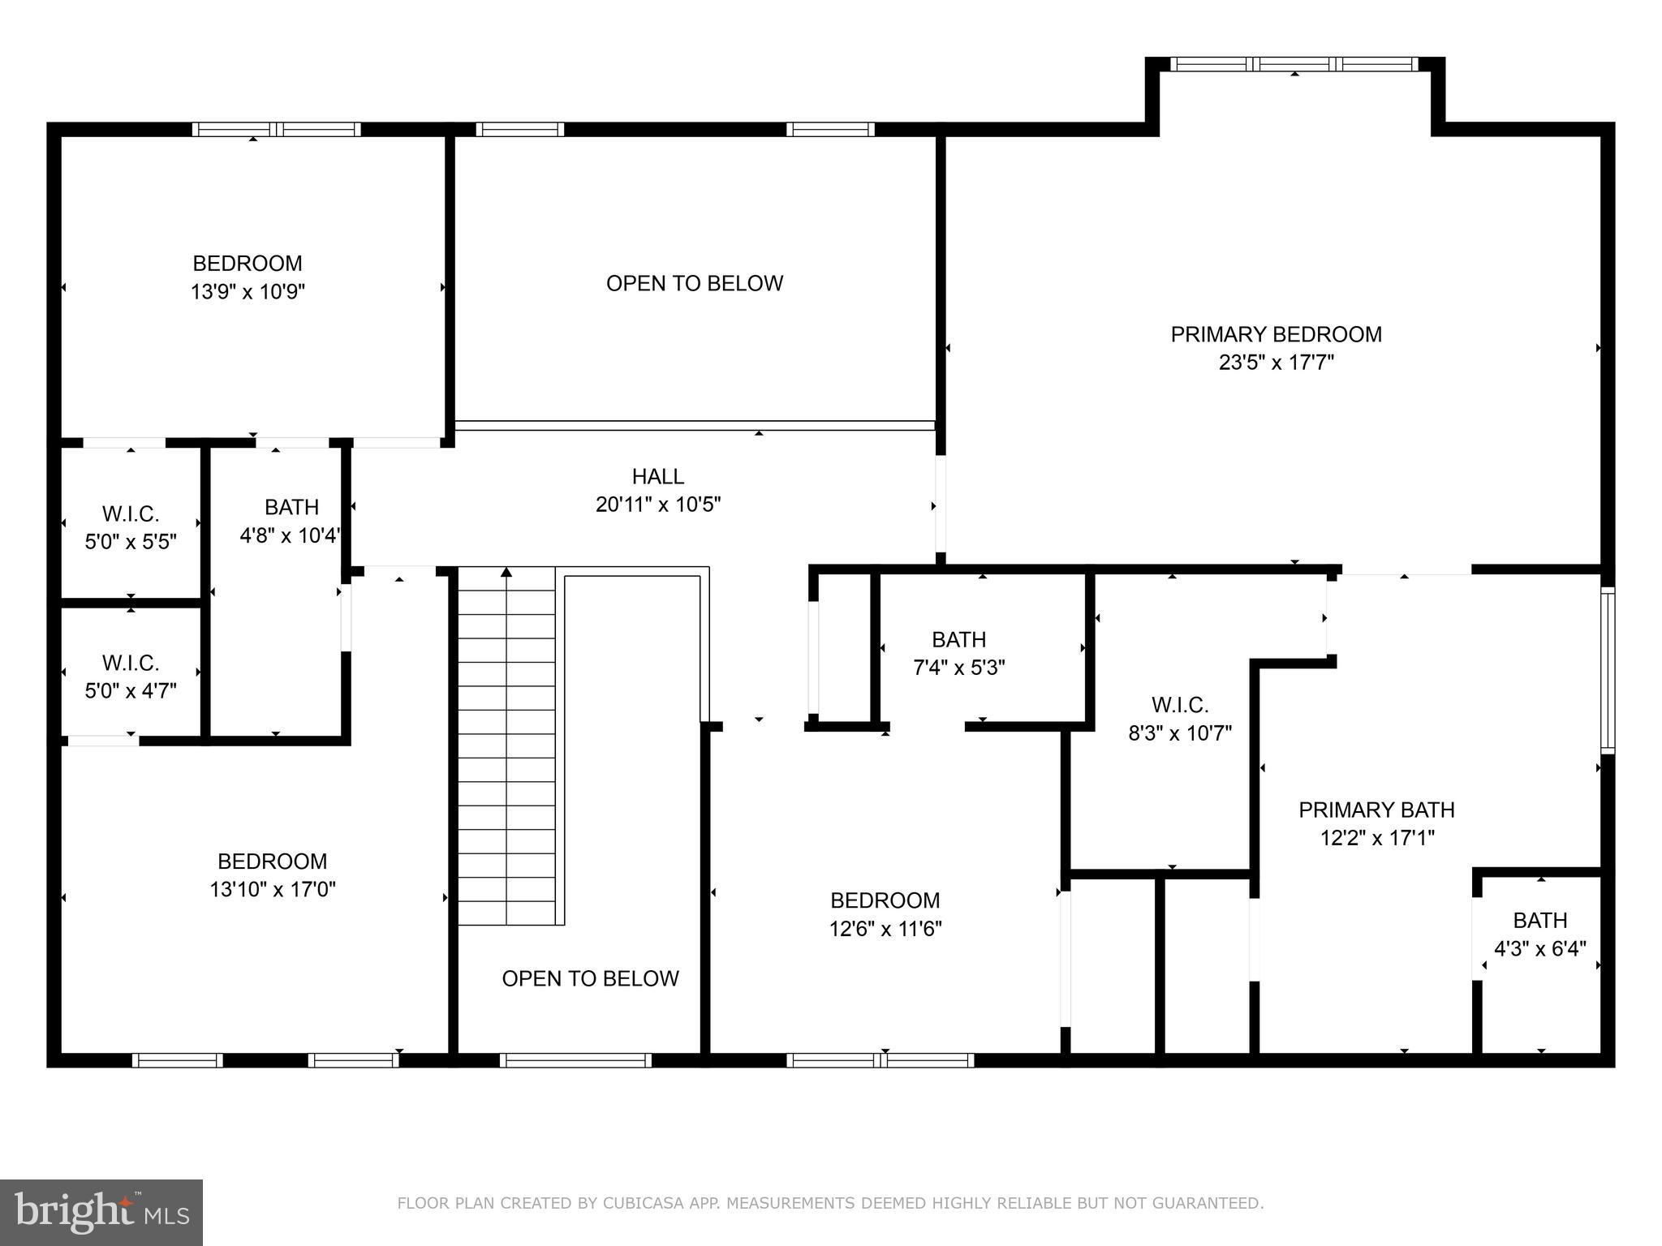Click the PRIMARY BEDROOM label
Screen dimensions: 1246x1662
1275,334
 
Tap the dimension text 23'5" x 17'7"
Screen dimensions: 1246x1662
1276,363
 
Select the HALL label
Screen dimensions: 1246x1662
657,476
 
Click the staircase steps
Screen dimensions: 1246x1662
506,746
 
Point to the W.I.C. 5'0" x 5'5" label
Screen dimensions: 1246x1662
131,527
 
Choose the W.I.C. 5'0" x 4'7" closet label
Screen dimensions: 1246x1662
131,677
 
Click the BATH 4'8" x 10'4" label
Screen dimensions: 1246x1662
291,521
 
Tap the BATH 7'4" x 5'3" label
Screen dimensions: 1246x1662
958,653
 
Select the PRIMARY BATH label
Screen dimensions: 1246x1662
1376,810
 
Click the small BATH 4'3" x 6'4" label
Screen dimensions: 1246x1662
1539,934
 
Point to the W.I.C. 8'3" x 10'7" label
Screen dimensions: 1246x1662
1179,719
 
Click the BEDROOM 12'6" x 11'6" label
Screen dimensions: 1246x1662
885,913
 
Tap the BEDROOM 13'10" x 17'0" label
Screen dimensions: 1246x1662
272,874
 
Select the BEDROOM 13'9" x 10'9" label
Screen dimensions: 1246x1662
248,277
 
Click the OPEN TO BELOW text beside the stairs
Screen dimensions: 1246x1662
590,978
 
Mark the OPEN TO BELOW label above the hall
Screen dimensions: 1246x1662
694,283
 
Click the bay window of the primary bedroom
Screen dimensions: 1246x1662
1294,64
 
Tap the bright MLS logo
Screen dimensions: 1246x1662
101,1212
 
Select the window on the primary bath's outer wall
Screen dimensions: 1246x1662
1607,670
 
